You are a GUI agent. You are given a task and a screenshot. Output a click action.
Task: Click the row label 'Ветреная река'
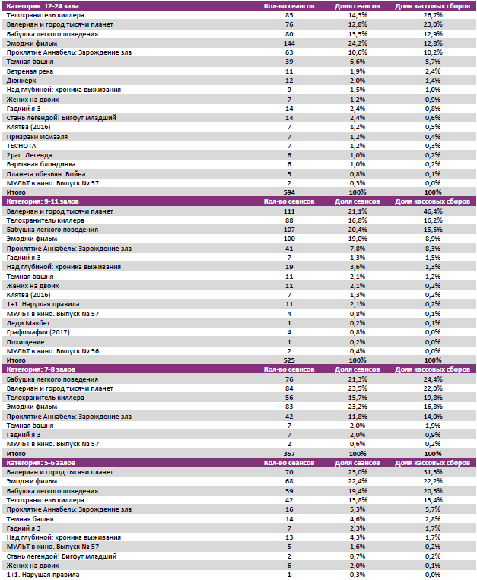[27, 71]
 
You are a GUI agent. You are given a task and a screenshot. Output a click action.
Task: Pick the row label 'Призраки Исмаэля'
[37, 136]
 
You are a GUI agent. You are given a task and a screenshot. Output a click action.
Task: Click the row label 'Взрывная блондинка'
[40, 164]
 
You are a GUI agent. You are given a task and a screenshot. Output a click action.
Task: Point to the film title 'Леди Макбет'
[29, 322]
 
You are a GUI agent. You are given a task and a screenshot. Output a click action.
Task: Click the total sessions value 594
[289, 192]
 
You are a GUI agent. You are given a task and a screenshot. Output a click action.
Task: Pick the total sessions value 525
[289, 360]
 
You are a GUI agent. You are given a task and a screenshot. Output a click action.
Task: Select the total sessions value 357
[289, 453]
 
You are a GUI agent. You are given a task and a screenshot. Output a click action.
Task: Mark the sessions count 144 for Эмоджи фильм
[289, 43]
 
